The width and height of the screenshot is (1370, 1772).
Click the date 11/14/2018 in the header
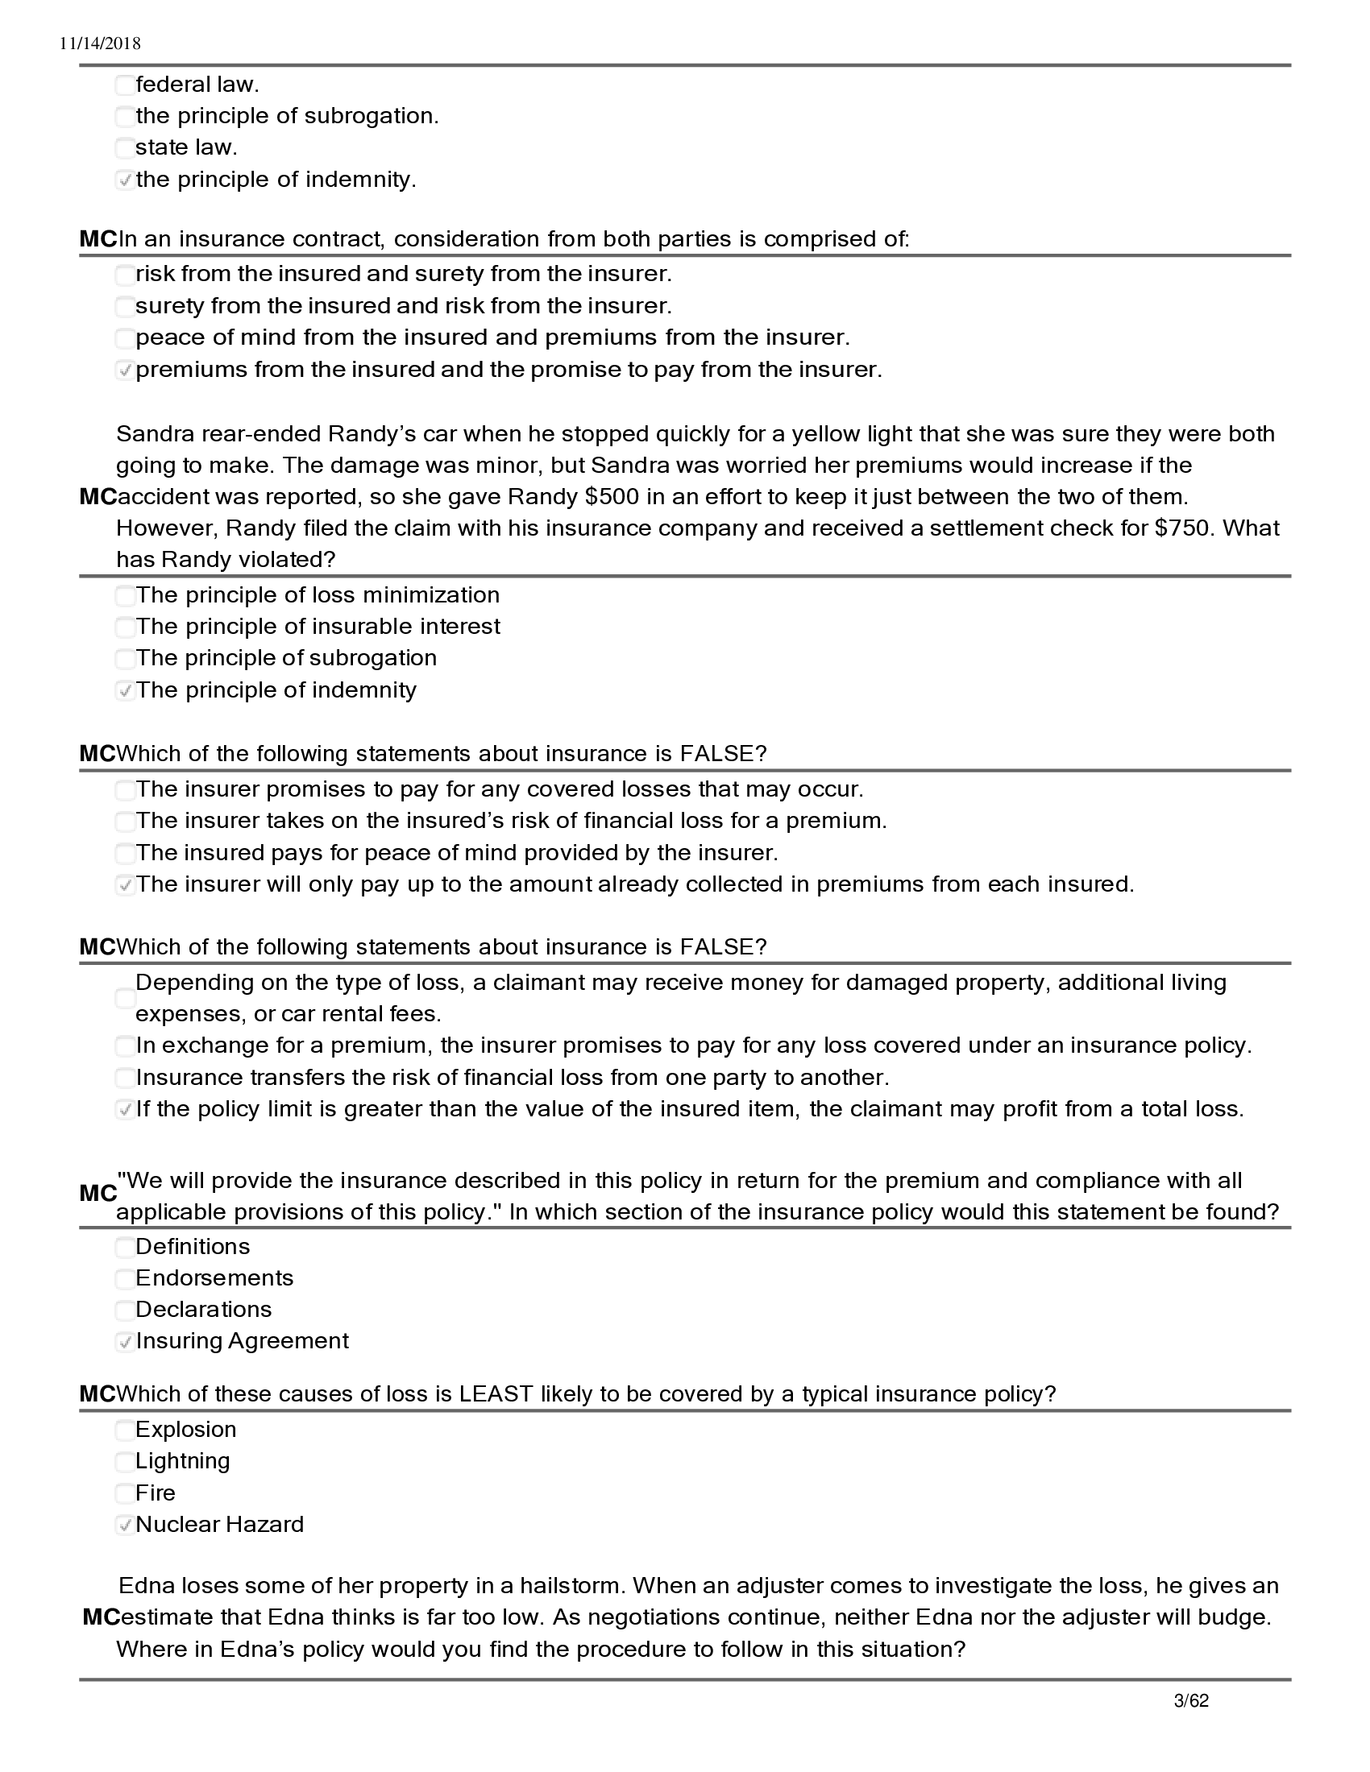(100, 43)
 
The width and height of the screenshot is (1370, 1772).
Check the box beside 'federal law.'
(125, 85)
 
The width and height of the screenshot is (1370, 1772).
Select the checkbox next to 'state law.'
(125, 148)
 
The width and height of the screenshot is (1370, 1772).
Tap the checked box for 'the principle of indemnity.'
(125, 180)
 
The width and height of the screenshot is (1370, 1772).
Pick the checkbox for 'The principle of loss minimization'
(125, 596)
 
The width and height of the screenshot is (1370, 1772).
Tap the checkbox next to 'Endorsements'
(125, 1280)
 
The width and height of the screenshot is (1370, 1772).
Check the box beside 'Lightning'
(125, 1462)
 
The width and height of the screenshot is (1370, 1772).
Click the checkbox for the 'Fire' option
(125, 1493)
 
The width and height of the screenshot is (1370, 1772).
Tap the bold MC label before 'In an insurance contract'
(98, 239)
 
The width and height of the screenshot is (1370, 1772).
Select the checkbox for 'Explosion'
(125, 1430)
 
